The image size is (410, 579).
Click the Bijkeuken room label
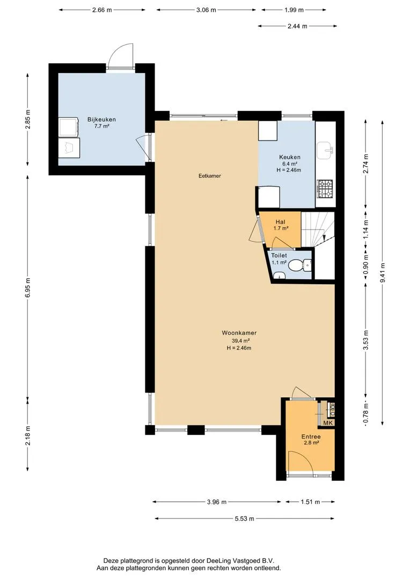[101, 119]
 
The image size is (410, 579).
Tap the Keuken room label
[289, 157]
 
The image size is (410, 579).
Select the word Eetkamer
[210, 176]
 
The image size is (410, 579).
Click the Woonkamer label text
[239, 333]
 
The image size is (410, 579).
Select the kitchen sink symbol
[325, 150]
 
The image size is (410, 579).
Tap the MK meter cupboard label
[328, 422]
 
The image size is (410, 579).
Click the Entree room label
[311, 436]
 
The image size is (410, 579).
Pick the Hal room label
[280, 222]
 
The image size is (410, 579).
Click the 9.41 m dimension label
[383, 272]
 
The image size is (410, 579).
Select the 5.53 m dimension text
[244, 518]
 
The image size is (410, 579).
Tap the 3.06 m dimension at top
[206, 10]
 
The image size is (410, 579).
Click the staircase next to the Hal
[318, 229]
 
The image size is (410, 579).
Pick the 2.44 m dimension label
[297, 26]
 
